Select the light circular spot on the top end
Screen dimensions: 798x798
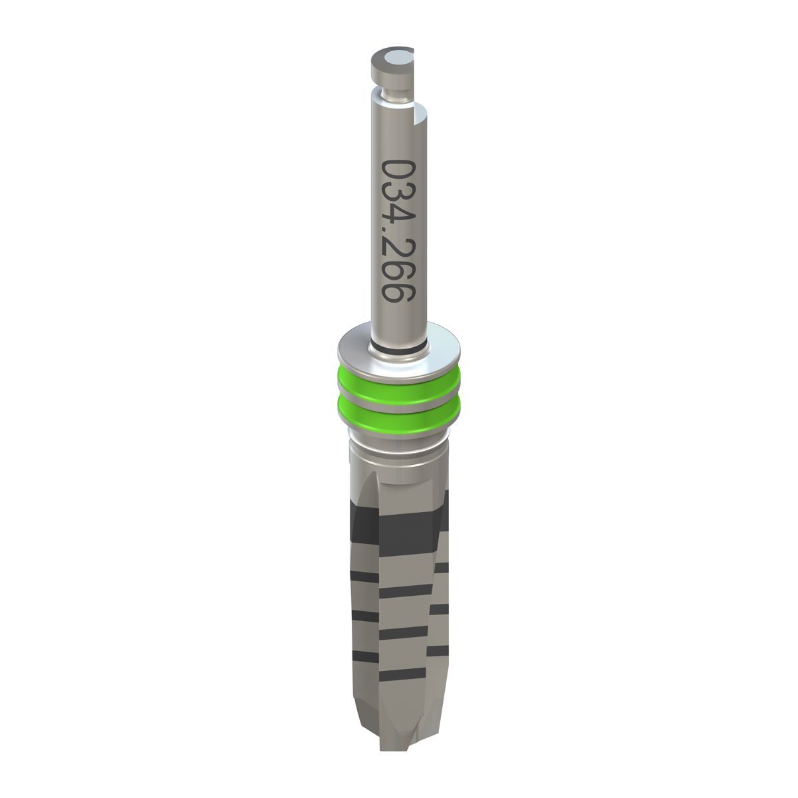click(x=402, y=58)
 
